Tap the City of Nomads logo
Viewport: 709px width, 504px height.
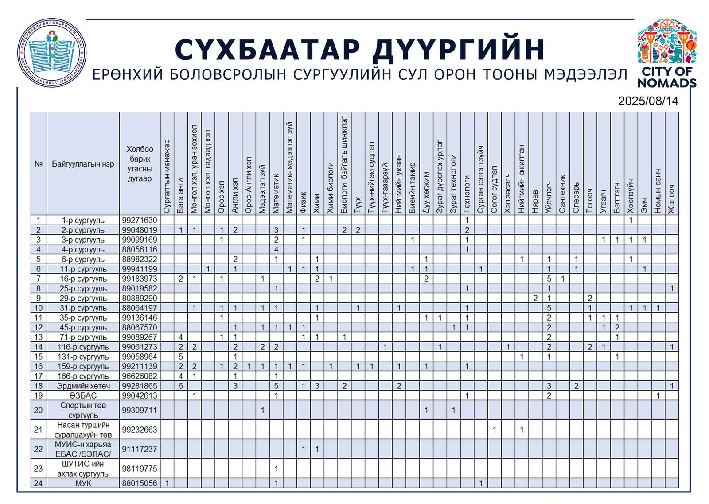666,53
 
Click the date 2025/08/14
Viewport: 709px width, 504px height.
648,101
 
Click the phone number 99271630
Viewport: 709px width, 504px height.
139,220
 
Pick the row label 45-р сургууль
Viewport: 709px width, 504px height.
83,327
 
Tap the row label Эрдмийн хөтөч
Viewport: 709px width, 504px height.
83,386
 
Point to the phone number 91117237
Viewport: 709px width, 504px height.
139,449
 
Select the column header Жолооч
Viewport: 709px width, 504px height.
672,199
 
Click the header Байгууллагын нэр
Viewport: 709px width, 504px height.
83,164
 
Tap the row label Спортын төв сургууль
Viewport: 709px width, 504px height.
83,410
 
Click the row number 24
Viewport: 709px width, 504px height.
38,483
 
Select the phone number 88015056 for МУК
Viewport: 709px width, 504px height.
139,483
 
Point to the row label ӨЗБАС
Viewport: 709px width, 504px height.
83,395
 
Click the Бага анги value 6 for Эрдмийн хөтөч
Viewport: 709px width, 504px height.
181,386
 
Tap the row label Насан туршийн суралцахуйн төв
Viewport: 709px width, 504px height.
83,430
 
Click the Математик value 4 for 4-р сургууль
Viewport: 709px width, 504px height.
276,249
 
